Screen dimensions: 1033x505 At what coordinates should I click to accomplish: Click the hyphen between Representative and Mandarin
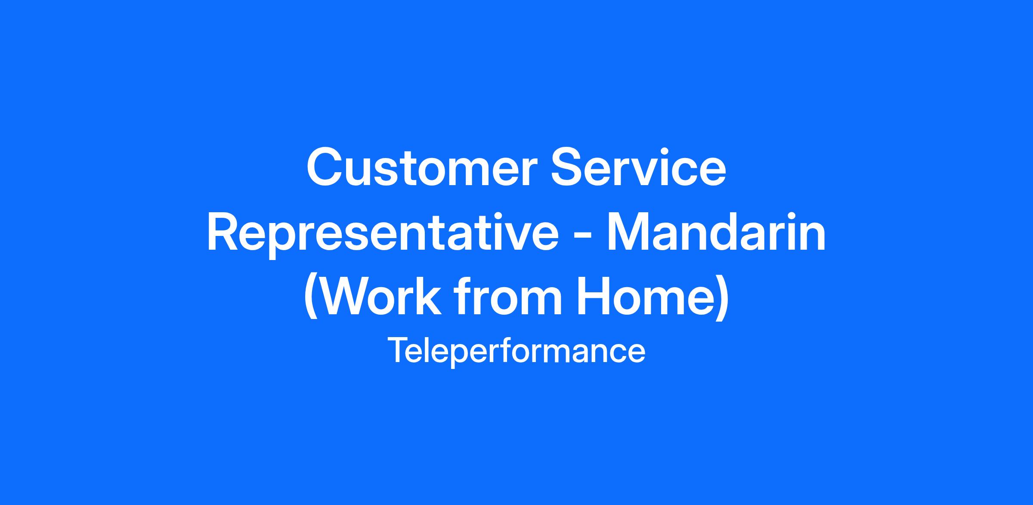pos(583,238)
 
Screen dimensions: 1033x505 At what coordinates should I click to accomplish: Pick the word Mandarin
pos(717,233)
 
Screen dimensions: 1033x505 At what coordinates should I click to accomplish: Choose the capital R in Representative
pos(225,233)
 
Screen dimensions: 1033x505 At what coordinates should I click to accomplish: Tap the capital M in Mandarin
pos(628,233)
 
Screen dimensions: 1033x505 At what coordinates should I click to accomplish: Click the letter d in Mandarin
pos(740,233)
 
